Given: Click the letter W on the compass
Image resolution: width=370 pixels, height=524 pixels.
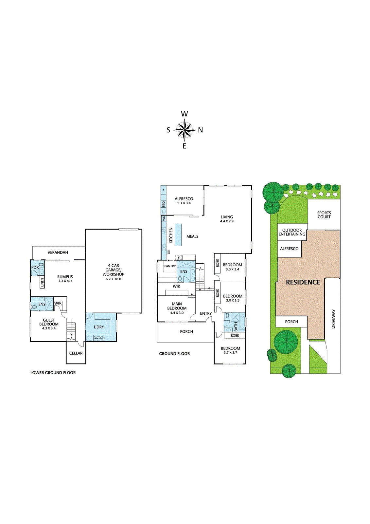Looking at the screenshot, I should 185,114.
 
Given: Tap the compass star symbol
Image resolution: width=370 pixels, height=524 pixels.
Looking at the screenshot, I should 185,130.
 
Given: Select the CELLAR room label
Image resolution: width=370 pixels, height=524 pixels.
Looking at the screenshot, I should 76,353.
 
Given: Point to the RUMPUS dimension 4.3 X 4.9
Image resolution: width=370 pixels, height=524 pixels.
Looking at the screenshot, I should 65,281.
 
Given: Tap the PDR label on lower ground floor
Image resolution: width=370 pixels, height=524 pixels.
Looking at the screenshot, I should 35,268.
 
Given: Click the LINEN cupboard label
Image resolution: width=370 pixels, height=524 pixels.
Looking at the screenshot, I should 42,283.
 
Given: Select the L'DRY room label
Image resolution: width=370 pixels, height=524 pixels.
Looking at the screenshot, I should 99,327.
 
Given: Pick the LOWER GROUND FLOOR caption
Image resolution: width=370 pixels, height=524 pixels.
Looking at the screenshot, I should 53,373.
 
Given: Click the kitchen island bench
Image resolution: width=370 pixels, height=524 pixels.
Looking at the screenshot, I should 178,235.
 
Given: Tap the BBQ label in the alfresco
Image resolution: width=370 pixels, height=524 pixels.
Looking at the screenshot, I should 164,204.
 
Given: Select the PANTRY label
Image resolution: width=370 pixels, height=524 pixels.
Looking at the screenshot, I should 170,266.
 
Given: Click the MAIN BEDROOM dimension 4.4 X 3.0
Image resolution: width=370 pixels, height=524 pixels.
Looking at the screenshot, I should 177,313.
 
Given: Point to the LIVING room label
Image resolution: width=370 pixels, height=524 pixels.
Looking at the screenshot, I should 227,217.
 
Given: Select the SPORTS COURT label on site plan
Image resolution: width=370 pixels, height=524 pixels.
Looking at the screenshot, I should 324,215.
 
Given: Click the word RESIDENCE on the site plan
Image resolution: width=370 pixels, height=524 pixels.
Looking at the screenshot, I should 303,282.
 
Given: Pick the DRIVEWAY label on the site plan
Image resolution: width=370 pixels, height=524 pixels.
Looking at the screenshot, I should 333,319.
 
